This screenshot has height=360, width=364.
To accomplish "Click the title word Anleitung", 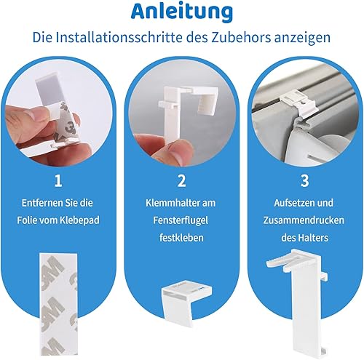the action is tap(182, 12).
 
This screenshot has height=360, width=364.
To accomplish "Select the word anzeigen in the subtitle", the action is tap(302, 38).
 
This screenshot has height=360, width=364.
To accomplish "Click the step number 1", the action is tap(58, 181).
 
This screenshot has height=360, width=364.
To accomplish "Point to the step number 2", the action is tap(181, 181).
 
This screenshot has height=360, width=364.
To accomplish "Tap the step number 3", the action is tap(304, 181).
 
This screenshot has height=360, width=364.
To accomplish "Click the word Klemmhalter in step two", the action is tap(170, 203).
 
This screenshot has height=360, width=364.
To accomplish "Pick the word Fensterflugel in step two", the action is tap(181, 220).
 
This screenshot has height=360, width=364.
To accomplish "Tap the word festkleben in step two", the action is tap(181, 238).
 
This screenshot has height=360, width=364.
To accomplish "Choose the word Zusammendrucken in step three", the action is tap(304, 220).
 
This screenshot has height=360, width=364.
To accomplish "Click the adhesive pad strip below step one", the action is tap(59, 304).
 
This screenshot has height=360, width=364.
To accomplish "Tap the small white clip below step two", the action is tap(186, 303).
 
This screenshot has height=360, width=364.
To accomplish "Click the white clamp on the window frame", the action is tap(299, 103).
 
